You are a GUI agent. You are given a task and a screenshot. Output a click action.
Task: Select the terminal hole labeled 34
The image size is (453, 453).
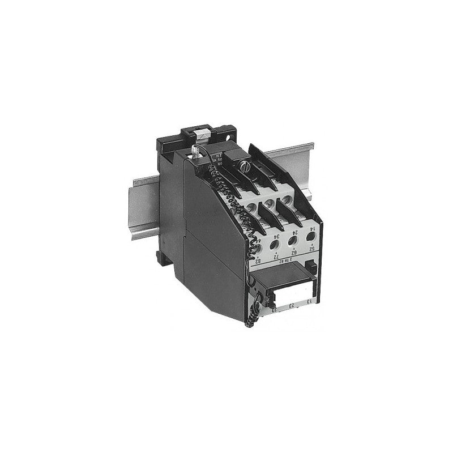(274, 243)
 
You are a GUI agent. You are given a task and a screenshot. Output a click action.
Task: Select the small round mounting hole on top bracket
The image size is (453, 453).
(229, 136)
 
